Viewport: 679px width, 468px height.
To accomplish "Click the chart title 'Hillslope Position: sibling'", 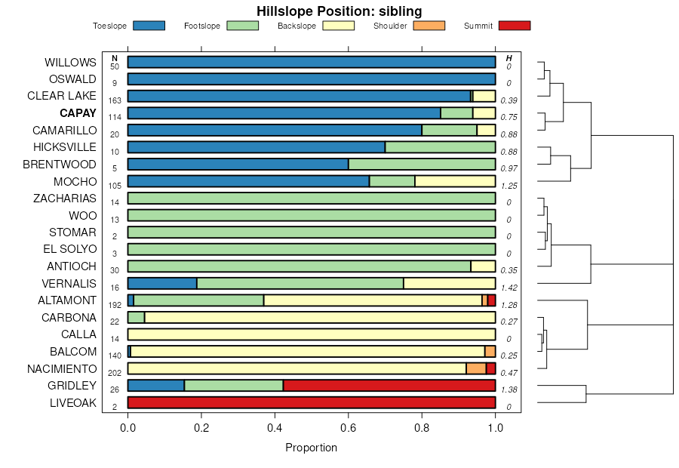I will (x=339, y=11).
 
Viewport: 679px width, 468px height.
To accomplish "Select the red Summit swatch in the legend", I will (x=515, y=26).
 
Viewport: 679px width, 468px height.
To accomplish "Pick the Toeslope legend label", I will (x=109, y=26).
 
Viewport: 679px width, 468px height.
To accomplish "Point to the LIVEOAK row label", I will (x=73, y=403).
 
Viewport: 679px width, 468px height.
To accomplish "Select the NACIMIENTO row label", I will (x=62, y=369).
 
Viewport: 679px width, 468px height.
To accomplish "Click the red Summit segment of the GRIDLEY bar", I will (x=389, y=386).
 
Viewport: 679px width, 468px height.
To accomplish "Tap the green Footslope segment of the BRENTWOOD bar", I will (x=422, y=164).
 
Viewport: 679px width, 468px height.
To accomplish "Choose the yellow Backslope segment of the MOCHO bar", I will (x=455, y=181).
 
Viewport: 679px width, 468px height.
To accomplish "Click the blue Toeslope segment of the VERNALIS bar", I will (x=162, y=284).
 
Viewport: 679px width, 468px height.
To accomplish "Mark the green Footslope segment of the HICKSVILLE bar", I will (x=440, y=147).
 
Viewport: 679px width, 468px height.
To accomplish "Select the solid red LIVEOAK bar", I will (x=312, y=403).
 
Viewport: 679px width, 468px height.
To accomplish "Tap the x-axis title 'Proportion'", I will (x=311, y=448).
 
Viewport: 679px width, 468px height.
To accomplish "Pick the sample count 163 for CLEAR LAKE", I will (x=115, y=100).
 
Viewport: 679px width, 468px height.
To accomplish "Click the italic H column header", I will (x=508, y=58).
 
